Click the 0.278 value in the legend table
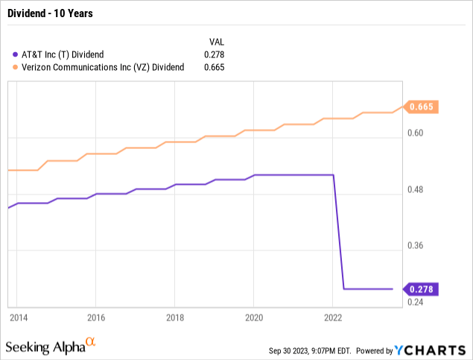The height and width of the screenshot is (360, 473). [214, 54]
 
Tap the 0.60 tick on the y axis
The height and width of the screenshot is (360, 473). [415, 133]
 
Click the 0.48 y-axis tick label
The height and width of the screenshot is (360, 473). [415, 190]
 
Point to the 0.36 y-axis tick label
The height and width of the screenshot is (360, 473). [415, 246]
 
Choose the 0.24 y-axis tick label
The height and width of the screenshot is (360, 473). [415, 302]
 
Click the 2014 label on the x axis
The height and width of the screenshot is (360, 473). [18, 318]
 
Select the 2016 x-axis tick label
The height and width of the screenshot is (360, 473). [96, 318]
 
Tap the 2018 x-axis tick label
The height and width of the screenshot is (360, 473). [174, 318]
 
